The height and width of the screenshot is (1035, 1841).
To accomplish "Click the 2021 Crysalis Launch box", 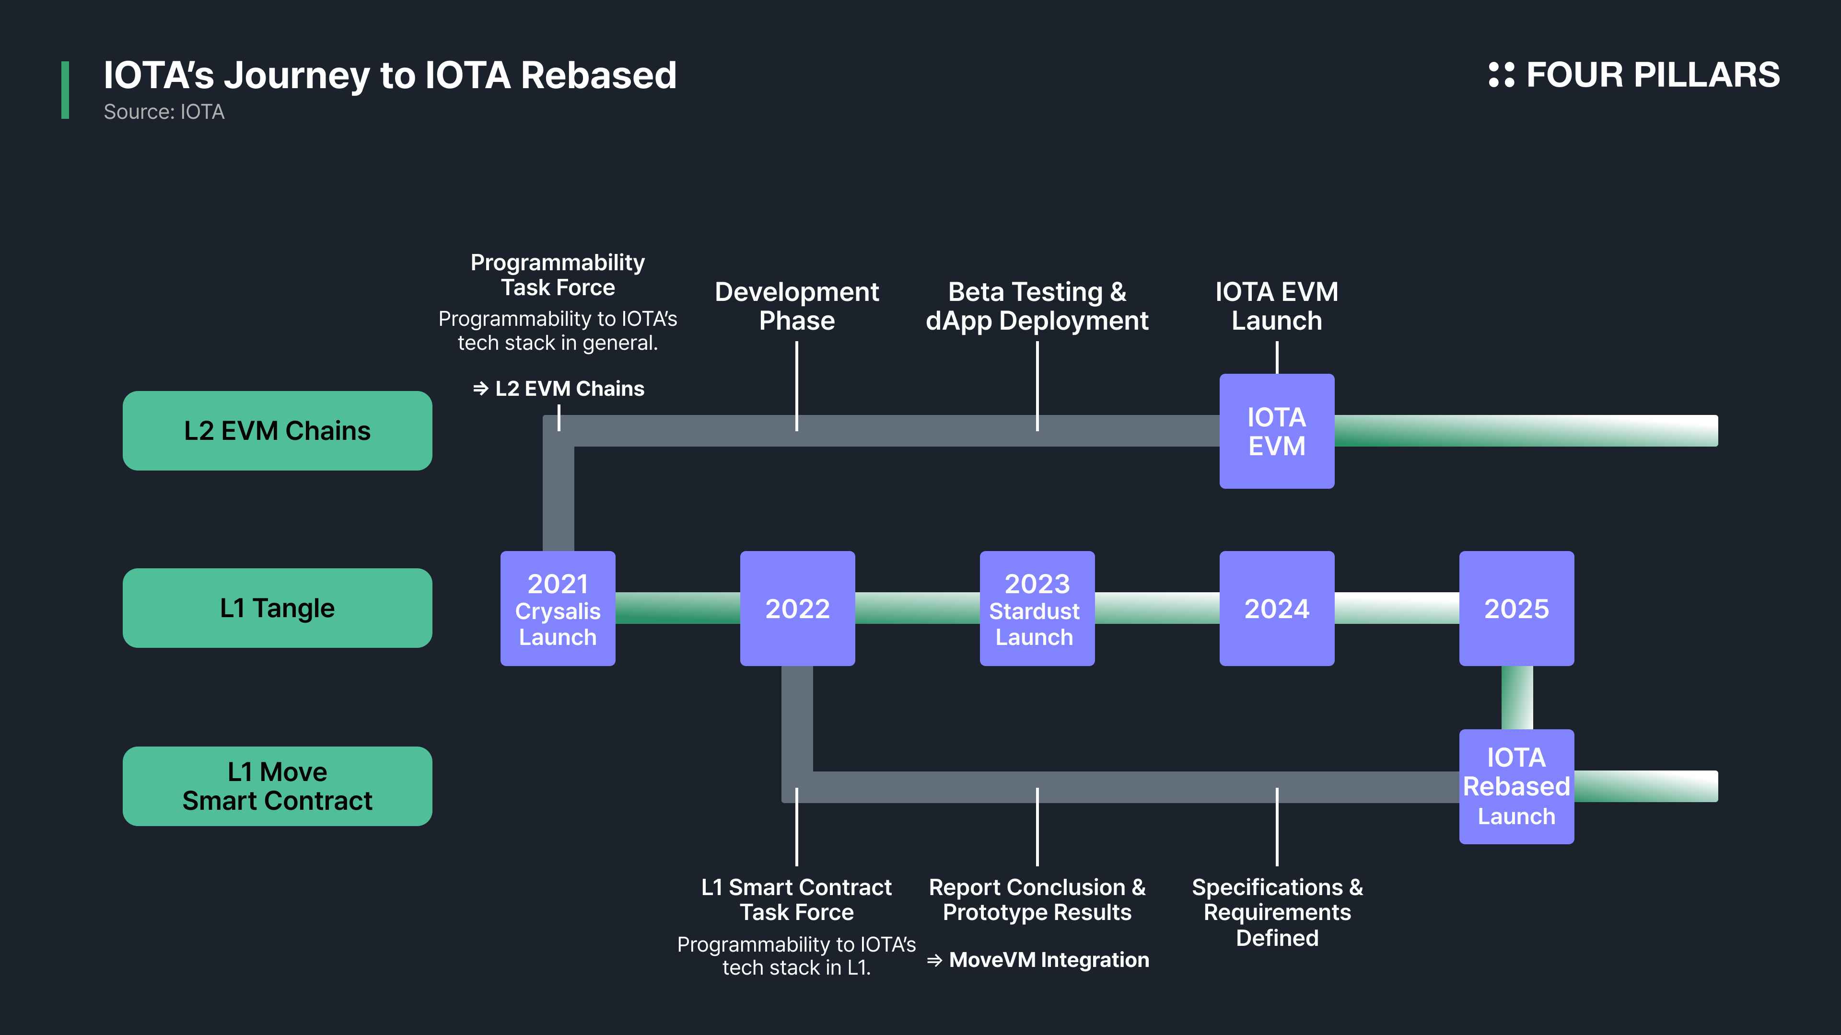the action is (558, 609).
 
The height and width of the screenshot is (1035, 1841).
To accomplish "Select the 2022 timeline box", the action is (798, 609).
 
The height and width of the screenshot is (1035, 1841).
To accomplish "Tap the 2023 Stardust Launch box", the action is (1037, 609).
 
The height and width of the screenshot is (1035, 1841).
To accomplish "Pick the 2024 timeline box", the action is (1277, 609).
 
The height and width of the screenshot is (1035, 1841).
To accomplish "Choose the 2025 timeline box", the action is (1516, 609).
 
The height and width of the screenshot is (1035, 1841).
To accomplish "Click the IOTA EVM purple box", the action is (1277, 431).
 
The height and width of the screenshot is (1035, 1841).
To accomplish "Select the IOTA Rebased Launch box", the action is (1516, 786).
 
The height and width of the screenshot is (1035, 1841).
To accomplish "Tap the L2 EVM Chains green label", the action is (277, 431).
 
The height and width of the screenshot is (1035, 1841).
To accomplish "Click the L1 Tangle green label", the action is (277, 608).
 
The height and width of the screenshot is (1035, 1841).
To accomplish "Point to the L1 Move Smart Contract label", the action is (277, 786).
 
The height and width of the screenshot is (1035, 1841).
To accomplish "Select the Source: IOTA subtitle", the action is (163, 112).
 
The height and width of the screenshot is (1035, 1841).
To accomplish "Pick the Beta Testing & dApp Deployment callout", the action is (1037, 307).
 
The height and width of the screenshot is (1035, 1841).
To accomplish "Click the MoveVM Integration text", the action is (1049, 960).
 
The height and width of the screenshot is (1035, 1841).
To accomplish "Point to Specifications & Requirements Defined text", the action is (1277, 912).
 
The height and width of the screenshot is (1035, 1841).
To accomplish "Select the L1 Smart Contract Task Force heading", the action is (797, 899).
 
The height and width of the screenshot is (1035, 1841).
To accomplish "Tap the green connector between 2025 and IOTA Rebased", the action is (1516, 698).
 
